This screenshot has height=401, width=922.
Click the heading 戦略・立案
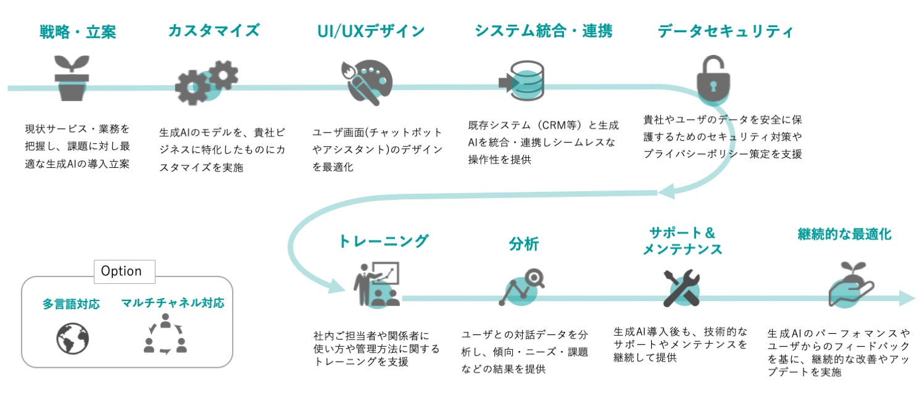click(x=78, y=31)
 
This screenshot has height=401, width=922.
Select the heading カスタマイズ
click(x=214, y=31)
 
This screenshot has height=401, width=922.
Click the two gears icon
click(x=206, y=83)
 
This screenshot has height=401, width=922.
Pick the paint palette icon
click(x=367, y=83)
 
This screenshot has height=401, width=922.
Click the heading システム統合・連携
click(x=543, y=31)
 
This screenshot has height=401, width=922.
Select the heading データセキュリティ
click(x=725, y=31)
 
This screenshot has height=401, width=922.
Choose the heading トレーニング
click(x=383, y=241)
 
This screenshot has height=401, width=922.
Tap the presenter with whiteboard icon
click(x=376, y=284)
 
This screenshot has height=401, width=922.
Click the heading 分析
click(x=523, y=244)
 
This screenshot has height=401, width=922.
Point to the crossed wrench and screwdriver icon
click(x=681, y=287)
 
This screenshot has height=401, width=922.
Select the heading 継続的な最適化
click(x=844, y=234)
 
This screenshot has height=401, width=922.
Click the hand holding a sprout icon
click(x=849, y=284)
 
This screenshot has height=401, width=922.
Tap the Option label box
click(x=122, y=271)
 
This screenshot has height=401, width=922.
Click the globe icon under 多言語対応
click(x=72, y=339)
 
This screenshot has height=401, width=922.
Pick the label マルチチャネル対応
click(x=172, y=303)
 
